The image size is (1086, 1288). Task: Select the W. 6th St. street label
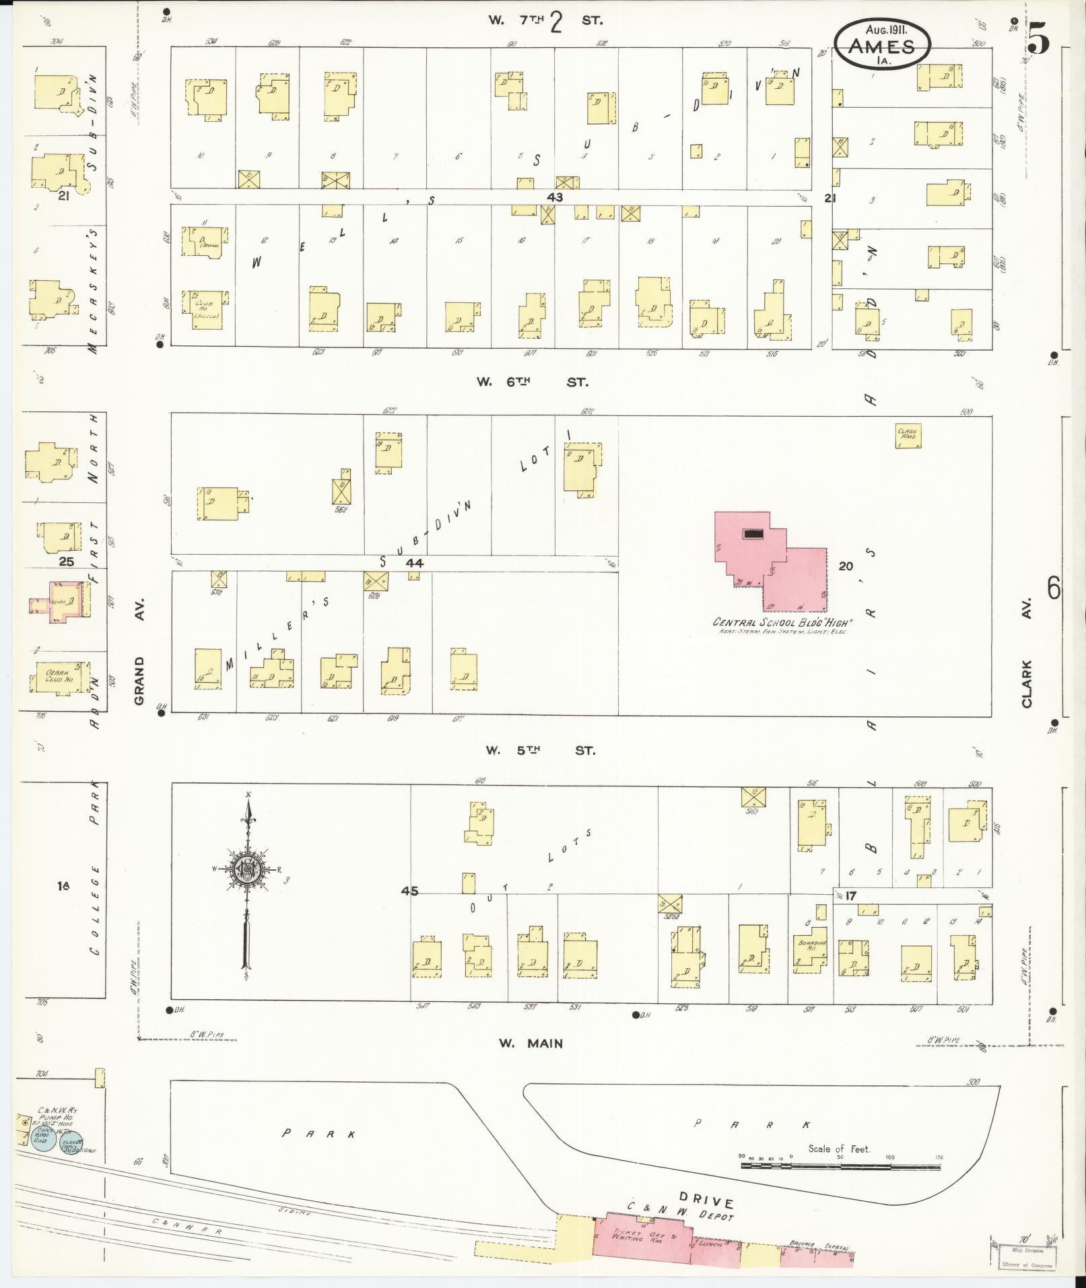click(532, 382)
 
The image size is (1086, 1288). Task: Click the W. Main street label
click(531, 1044)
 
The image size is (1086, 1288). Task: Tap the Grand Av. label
click(140, 681)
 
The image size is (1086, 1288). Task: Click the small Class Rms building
click(908, 435)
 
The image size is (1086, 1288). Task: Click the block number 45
click(409, 891)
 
